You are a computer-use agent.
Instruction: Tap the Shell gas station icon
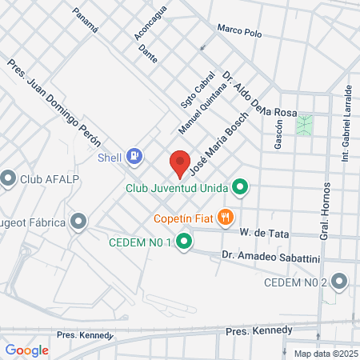click(136, 156)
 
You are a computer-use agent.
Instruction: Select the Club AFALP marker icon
click(9, 178)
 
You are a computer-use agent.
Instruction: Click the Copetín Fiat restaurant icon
click(226, 216)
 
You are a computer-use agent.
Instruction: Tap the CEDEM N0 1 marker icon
click(185, 240)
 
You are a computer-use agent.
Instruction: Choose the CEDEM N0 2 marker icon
click(340, 281)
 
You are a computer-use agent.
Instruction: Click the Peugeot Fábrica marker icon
click(78, 221)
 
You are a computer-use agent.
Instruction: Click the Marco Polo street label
click(240, 30)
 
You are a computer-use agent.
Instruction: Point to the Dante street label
click(147, 53)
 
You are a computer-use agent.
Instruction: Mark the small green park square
click(304, 125)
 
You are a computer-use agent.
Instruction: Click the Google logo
click(26, 350)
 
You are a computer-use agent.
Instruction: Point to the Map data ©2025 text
click(325, 354)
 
